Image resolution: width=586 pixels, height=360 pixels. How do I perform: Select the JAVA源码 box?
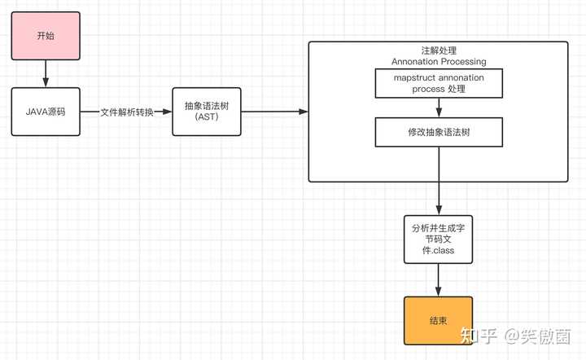pyautogui.click(x=46, y=111)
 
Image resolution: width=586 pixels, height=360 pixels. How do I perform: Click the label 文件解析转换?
pyautogui.click(x=126, y=112)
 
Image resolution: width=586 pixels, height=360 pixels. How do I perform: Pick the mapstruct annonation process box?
pyautogui.click(x=439, y=83)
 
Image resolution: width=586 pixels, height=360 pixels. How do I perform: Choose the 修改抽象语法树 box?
pyautogui.click(x=439, y=132)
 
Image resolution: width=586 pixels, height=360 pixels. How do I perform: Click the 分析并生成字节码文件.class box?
pyautogui.click(x=439, y=239)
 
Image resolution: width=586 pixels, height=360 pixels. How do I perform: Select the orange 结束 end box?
pyautogui.click(x=438, y=320)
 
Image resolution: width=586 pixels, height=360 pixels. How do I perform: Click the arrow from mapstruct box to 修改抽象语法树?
pyautogui.click(x=439, y=108)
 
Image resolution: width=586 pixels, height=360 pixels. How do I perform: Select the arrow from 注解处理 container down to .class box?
pyautogui.click(x=439, y=198)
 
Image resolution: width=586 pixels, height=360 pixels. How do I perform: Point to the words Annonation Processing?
pyautogui.click(x=439, y=62)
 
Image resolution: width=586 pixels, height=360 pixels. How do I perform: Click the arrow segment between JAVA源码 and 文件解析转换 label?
pyautogui.click(x=90, y=112)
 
